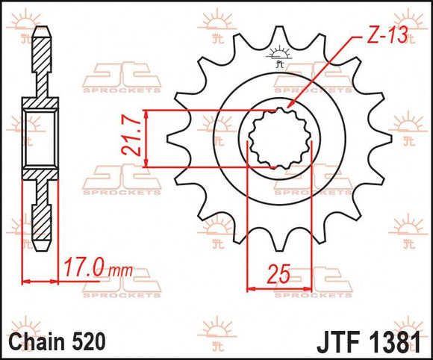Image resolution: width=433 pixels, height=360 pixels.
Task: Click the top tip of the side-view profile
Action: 42,29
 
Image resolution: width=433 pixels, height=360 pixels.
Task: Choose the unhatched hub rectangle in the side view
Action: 42,139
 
